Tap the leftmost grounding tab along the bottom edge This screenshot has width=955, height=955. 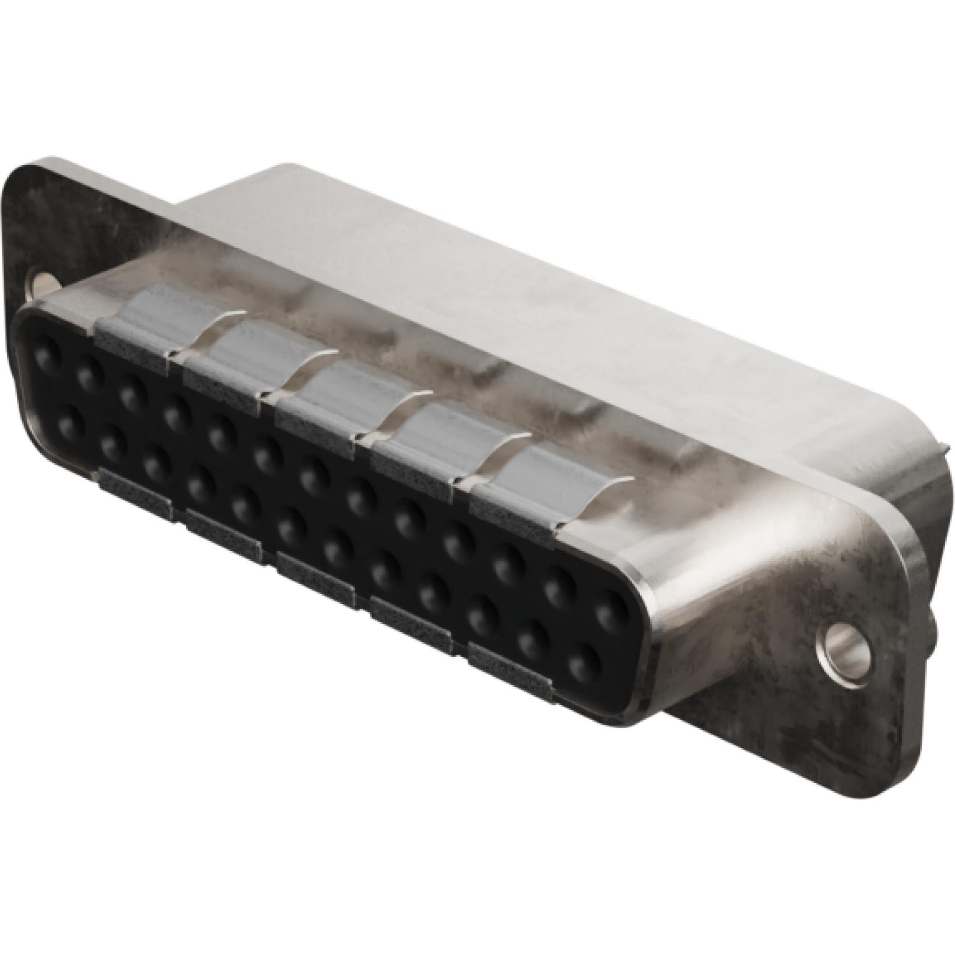coord(135,493)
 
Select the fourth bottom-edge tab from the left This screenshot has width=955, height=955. coord(411,624)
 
